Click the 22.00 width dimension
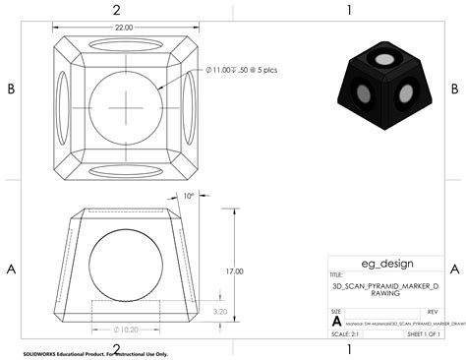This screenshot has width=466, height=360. (x=124, y=29)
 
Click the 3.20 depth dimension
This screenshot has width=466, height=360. (x=221, y=311)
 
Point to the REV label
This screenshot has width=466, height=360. (x=433, y=310)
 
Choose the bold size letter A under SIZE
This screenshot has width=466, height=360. (x=337, y=322)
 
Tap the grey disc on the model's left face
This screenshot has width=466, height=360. (x=365, y=96)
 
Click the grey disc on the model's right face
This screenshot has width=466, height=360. (x=404, y=96)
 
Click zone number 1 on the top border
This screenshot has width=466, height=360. (x=349, y=10)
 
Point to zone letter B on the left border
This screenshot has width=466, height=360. (x=11, y=89)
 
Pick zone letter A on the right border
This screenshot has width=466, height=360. (x=453, y=269)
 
